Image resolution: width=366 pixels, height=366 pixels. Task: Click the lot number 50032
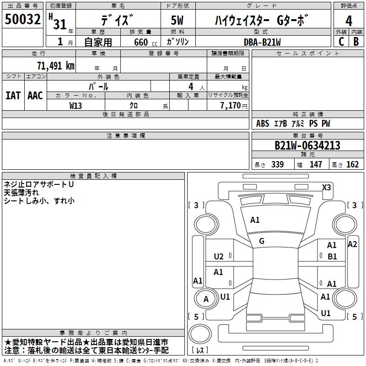pyautogui.click(x=23, y=20)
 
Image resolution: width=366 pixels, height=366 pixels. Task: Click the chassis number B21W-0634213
pyautogui.click(x=307, y=145)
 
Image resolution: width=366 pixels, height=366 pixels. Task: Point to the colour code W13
pyautogui.click(x=76, y=105)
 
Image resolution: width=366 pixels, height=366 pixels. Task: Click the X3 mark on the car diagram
pyautogui.click(x=326, y=187)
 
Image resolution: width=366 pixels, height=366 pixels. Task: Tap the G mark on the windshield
pyautogui.click(x=262, y=241)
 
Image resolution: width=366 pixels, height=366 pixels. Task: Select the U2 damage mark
pyautogui.click(x=219, y=256)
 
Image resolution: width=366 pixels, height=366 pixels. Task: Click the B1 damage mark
pyautogui.click(x=332, y=257)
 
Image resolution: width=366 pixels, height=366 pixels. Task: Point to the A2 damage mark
pyautogui.click(x=352, y=244)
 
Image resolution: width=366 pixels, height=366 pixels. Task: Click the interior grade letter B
pyautogui.click(x=356, y=41)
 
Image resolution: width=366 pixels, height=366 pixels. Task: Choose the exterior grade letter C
pyautogui.click(x=341, y=41)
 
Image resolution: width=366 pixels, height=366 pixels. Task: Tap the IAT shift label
pyautogui.click(x=13, y=96)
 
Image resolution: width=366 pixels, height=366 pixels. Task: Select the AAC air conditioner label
pyautogui.click(x=35, y=96)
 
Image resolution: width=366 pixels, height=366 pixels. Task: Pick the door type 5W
pyautogui.click(x=178, y=21)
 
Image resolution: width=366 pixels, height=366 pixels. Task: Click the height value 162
pyautogui.click(x=352, y=165)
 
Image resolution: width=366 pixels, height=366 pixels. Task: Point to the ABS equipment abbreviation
pyautogui.click(x=263, y=124)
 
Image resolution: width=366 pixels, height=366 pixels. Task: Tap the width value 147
pyautogui.click(x=316, y=165)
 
